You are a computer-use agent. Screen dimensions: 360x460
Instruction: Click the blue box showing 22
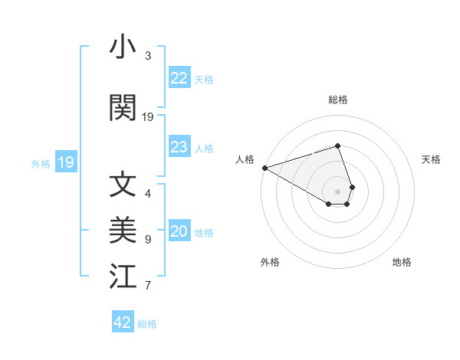179,78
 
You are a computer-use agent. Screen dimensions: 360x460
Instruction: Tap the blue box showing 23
179,147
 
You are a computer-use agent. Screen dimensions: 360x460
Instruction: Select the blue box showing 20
179,232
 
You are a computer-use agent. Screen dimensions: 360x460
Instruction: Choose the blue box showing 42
123,322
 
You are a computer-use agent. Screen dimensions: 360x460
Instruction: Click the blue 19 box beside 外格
65,162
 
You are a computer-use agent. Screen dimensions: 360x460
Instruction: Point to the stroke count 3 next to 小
148,56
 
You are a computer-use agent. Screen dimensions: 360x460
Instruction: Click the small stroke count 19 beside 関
148,117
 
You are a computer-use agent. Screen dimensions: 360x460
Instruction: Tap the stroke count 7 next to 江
148,286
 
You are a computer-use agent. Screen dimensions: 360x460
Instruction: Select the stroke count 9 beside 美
148,240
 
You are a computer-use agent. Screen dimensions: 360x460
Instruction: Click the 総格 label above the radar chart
338,100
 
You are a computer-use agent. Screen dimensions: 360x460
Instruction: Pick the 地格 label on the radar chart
402,262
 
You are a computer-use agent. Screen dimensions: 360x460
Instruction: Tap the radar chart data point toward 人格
264,168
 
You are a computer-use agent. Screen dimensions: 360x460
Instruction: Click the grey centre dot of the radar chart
338,191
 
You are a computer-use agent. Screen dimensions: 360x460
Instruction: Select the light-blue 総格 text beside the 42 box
147,323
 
